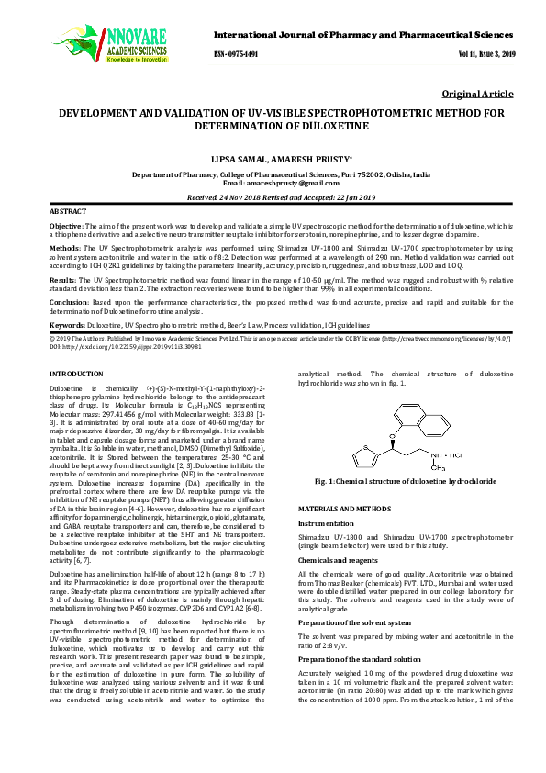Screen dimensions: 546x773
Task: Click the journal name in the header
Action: (362, 34)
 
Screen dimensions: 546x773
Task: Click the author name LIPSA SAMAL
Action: (243, 159)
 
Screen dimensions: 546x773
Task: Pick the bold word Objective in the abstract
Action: (65, 225)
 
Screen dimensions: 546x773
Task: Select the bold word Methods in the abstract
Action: (63, 249)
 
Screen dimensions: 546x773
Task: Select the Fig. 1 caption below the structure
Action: (407, 482)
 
